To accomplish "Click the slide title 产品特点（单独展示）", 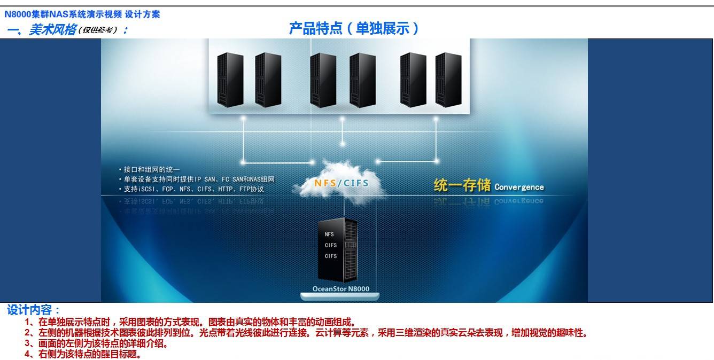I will [x=353, y=28].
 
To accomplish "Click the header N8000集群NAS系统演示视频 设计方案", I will [x=82, y=14].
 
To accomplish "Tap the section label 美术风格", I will [x=52, y=30].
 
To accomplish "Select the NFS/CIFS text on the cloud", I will [x=341, y=184].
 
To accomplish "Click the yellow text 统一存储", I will [x=462, y=186].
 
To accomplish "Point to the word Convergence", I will [x=519, y=187].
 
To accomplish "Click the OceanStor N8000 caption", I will [x=340, y=289].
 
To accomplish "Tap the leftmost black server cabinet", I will [x=230, y=80].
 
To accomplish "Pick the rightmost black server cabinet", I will [x=448, y=80].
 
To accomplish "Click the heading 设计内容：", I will [x=34, y=310].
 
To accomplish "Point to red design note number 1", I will [x=190, y=322].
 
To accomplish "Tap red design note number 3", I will [x=96, y=344].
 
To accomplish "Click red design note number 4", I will [x=83, y=354].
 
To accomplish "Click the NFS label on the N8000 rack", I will [x=329, y=234].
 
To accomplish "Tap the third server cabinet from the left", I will [x=323, y=80].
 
